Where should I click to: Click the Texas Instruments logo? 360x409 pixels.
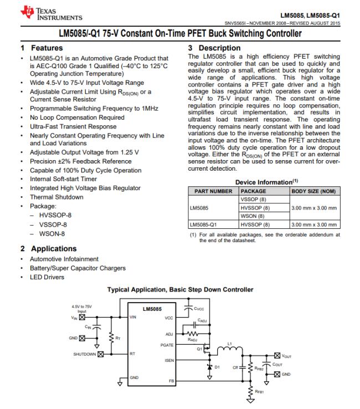(x=52, y=13)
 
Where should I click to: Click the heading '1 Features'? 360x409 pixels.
(x=42, y=48)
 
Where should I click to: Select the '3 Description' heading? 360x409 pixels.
(x=214, y=48)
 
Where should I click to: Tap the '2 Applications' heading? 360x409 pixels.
(x=49, y=249)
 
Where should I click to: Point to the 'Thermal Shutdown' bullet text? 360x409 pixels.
(x=56, y=197)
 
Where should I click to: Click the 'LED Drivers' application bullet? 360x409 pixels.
(x=47, y=277)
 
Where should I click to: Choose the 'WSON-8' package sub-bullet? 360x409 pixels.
(x=52, y=234)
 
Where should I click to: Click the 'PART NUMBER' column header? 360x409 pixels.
(x=213, y=191)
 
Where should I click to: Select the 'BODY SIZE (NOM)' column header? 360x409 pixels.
(x=313, y=191)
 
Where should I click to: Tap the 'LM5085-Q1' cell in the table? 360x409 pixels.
(x=203, y=224)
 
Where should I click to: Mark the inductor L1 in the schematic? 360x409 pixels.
(x=230, y=350)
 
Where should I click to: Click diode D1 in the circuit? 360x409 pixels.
(x=209, y=367)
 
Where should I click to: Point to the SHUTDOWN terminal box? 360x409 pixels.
(x=101, y=354)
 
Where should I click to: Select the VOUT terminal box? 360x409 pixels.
(x=277, y=356)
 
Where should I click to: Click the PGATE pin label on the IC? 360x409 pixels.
(x=167, y=345)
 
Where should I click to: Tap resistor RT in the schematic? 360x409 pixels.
(x=111, y=338)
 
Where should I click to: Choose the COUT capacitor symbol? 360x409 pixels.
(x=266, y=365)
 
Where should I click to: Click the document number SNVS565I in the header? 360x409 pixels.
(x=235, y=23)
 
